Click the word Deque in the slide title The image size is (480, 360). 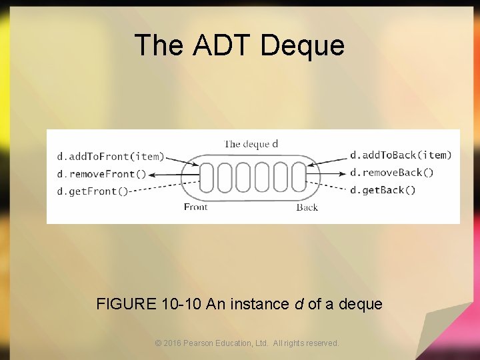point(303,45)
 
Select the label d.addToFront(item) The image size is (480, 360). point(111,157)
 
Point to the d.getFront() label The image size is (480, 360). point(93,191)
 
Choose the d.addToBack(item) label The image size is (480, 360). point(401,155)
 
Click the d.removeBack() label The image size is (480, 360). point(392,173)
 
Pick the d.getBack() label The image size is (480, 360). point(383,190)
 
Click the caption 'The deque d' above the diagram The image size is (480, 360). point(251,143)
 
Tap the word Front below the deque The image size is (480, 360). point(195,207)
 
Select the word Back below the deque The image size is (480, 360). point(307,207)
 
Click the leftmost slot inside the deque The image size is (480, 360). point(207,177)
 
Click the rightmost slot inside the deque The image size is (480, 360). point(299,177)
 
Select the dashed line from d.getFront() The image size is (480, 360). point(163,186)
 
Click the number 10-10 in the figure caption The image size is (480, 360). point(183,305)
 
